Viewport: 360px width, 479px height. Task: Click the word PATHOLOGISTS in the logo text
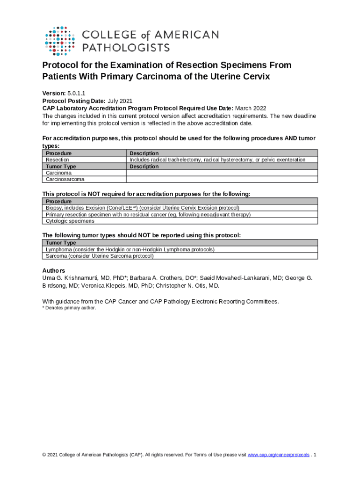point(126,47)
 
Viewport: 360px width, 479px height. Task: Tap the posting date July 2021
point(120,101)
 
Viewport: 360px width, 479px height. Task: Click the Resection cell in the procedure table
point(58,160)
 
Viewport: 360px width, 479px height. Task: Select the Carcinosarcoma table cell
point(65,179)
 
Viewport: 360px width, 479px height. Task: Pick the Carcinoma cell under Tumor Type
point(58,173)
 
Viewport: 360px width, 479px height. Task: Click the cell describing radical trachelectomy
point(217,160)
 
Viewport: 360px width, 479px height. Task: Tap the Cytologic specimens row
point(70,221)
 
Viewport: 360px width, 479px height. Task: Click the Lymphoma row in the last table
point(130,249)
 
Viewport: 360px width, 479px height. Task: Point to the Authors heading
point(54,270)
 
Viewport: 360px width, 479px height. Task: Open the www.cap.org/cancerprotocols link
point(278,455)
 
